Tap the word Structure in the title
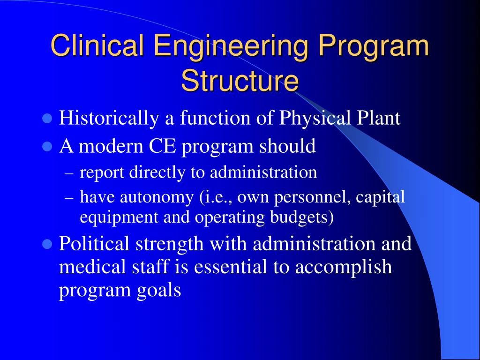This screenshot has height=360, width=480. [x=240, y=81]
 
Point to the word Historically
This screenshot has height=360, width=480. [x=109, y=118]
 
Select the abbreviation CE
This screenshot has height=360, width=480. [x=163, y=146]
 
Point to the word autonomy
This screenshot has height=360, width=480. [x=157, y=197]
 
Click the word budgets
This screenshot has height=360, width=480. [x=302, y=217]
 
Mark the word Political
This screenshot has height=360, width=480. [x=94, y=243]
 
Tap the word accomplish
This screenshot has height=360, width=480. [x=344, y=267]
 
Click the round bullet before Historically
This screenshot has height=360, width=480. [x=47, y=118]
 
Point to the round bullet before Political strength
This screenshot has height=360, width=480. [x=47, y=244]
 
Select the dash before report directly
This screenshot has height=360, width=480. [x=69, y=173]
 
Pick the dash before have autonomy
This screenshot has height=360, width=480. [x=69, y=198]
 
